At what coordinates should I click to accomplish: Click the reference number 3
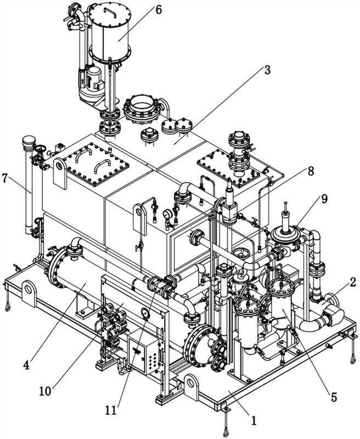[267, 70]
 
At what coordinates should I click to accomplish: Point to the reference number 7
[5, 178]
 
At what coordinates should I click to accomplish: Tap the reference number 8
[311, 171]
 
